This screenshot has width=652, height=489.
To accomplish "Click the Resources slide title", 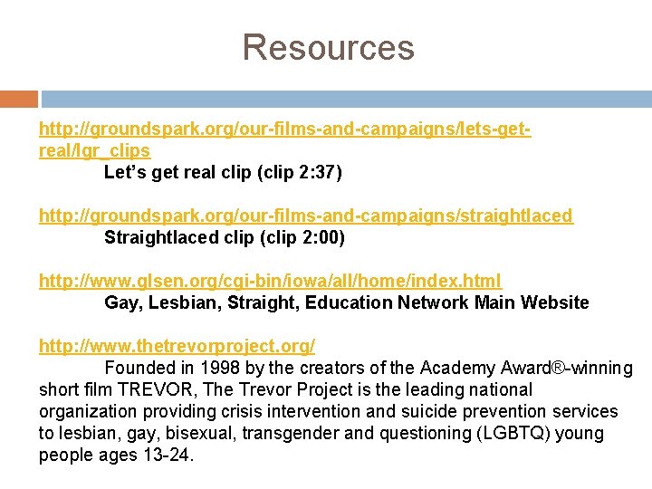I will [x=328, y=47].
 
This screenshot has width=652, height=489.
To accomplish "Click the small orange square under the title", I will [x=19, y=99].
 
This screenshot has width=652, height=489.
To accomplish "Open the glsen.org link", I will [x=270, y=281].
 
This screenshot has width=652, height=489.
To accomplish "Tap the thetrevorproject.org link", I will [x=177, y=346].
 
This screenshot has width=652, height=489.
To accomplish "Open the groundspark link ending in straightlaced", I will [x=305, y=216].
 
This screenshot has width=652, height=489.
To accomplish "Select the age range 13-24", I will [x=167, y=455].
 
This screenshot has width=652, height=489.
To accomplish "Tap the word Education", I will [x=350, y=302].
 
